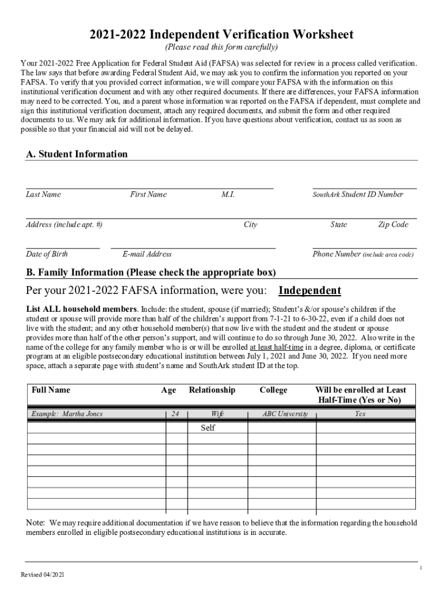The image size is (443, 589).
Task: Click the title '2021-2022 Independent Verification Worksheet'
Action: [x=221, y=35]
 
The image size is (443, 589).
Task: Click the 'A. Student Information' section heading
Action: [x=77, y=154]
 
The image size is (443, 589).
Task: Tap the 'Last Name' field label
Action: [x=43, y=194]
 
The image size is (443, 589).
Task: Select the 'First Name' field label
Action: [x=148, y=194]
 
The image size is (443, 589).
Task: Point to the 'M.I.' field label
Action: [x=228, y=194]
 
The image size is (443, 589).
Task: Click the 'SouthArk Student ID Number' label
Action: [x=358, y=194]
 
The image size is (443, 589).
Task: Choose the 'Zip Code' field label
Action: [x=393, y=225]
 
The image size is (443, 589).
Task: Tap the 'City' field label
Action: [x=250, y=225]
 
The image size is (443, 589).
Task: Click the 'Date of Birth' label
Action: [x=47, y=254]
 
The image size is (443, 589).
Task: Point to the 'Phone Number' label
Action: [x=337, y=254]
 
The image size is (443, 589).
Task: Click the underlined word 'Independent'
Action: [x=310, y=290]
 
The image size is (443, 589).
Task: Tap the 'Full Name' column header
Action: [x=51, y=390]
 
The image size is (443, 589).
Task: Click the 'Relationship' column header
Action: [x=212, y=390]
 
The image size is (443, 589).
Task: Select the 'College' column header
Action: [x=273, y=390]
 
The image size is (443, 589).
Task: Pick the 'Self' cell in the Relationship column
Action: [x=208, y=428]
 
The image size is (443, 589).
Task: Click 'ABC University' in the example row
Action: [x=285, y=414]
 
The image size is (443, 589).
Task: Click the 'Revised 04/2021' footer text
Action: [x=43, y=575]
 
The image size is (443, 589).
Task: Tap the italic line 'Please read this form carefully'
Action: [x=221, y=47]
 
